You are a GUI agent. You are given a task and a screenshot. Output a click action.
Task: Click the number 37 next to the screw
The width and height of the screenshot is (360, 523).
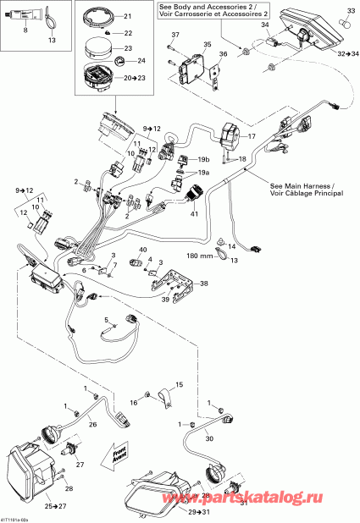click(175, 34)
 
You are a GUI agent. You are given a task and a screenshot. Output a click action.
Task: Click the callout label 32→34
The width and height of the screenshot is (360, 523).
click(346, 53)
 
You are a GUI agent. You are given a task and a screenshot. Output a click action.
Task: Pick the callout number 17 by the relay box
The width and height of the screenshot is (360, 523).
click(251, 135)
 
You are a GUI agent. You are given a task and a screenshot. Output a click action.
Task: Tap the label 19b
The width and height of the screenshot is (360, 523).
click(204, 159)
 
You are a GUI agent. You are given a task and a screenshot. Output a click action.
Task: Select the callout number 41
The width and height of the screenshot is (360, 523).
click(195, 215)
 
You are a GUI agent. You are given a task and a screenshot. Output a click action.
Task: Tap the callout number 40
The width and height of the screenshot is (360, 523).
click(143, 250)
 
